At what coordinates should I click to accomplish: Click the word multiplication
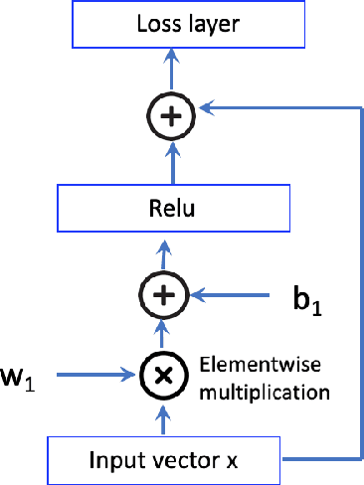pos(264,392)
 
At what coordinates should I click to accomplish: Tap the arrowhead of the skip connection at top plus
pos(205,102)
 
